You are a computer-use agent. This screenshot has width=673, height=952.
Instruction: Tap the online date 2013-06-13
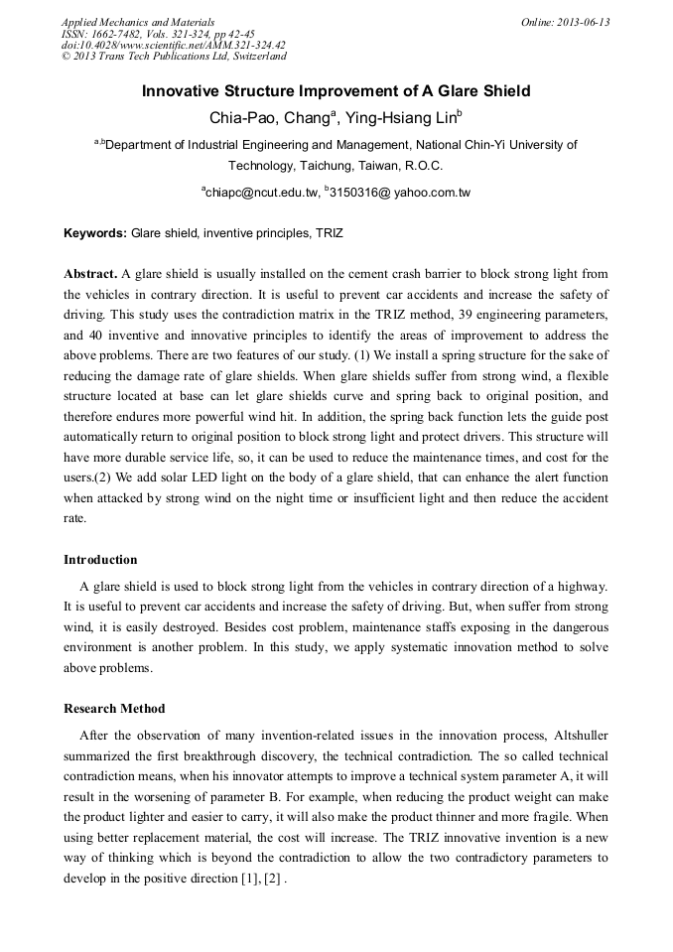click(x=580, y=22)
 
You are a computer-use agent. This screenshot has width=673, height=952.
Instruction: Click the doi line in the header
click(x=173, y=45)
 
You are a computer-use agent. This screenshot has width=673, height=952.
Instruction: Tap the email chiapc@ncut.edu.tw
click(x=259, y=192)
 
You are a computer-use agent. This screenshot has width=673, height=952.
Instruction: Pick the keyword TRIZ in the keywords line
click(x=329, y=232)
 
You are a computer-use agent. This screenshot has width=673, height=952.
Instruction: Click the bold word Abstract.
click(x=90, y=273)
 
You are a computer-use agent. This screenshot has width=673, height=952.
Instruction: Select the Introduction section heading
click(x=100, y=560)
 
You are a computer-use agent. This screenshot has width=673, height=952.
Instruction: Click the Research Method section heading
click(x=114, y=709)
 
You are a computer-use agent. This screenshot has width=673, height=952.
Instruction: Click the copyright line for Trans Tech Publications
click(x=173, y=57)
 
